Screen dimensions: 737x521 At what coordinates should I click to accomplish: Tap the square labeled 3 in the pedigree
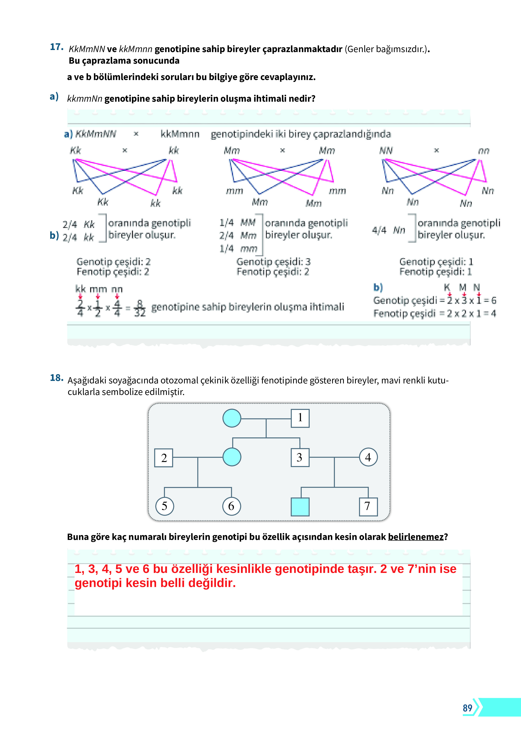coord(300,457)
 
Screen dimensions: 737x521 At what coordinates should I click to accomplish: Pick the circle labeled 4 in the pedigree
coord(368,457)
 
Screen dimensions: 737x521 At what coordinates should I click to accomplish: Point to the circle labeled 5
coord(164,506)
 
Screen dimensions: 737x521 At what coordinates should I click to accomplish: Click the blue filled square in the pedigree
coord(300,507)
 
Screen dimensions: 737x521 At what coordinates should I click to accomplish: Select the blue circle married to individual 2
coord(232,457)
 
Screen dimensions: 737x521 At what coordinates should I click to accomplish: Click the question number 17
coord(57,47)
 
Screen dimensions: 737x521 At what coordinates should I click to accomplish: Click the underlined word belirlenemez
coord(416,537)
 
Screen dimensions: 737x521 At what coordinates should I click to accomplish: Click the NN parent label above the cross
coord(386,151)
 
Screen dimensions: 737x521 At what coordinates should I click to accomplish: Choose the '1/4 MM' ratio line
coord(237,222)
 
